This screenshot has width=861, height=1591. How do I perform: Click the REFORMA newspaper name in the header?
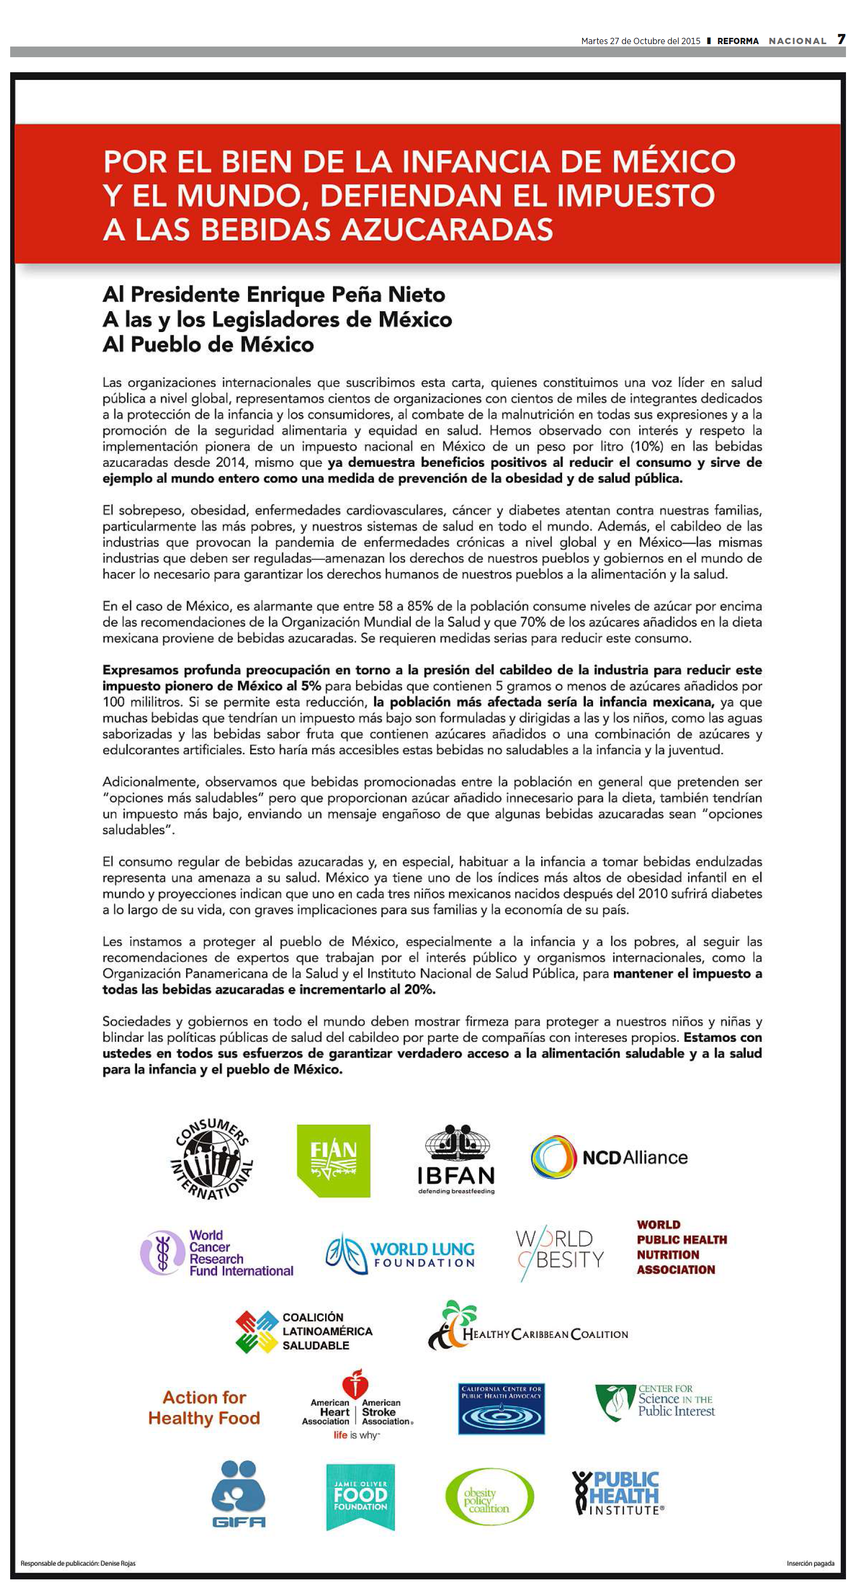737,41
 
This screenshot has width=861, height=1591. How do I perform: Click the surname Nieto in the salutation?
417,295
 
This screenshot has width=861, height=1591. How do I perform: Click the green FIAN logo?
333,1161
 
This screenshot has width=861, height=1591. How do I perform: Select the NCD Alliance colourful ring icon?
553,1157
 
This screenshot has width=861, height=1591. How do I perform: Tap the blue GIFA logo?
238,1494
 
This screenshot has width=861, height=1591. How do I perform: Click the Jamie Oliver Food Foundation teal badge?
360,1496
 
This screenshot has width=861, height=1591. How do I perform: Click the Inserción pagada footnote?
810,1563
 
